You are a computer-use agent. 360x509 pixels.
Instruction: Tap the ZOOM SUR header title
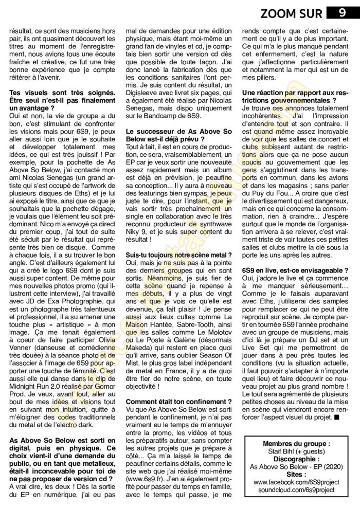[x=293, y=13]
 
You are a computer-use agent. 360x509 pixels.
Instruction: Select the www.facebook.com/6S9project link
[x=295, y=483]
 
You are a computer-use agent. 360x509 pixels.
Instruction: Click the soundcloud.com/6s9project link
[x=295, y=491]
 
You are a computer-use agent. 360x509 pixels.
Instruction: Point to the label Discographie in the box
[x=295, y=459]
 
